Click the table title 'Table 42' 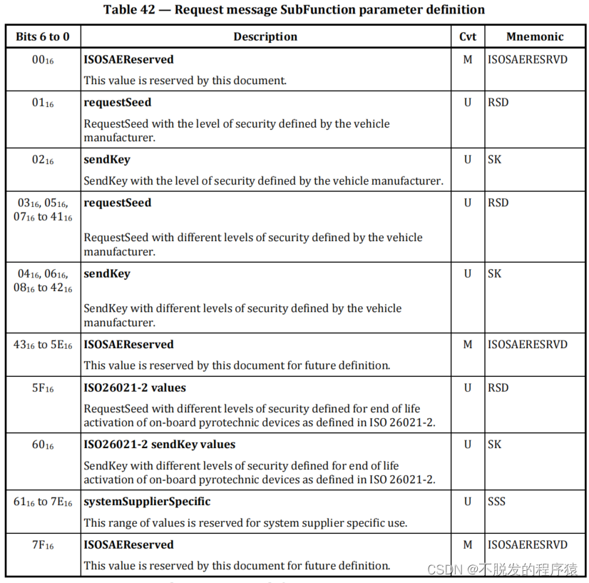pos(294,10)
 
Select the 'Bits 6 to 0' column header pos(43,37)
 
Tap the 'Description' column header pos(265,37)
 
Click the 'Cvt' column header pos(468,37)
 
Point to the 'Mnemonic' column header pos(535,37)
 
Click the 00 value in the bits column pos(43,60)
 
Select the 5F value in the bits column pos(43,388)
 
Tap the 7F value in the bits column pos(43,545)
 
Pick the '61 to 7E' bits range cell pos(43,502)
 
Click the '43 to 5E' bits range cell pos(43,345)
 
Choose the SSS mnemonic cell pos(496,502)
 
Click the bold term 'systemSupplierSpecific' pos(147,502)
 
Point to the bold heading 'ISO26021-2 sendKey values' pos(159,445)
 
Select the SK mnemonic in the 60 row pos(494,445)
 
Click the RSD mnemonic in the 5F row pos(498,387)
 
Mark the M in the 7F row pos(468,544)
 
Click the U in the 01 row pos(468,102)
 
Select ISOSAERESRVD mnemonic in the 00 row pos(528,59)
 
